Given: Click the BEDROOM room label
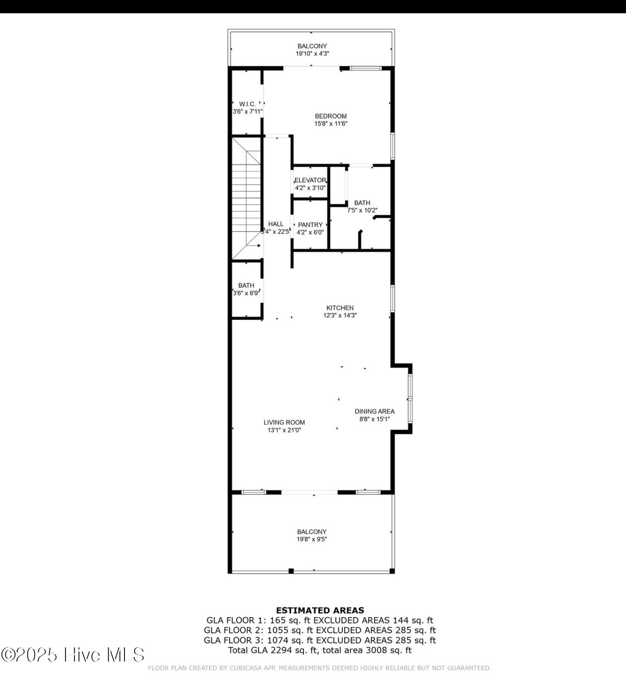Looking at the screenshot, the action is tap(330, 116).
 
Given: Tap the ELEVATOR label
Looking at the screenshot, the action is tap(310, 180).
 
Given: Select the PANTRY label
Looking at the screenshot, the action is tap(310, 225).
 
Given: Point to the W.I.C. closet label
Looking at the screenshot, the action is tap(247, 104).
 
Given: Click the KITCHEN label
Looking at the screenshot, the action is tap(340, 308).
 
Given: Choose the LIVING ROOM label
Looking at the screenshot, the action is tap(284, 422).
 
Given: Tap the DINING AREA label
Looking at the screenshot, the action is tap(374, 411).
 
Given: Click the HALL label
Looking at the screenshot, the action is tap(276, 224).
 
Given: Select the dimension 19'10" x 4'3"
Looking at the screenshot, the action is tap(312, 54).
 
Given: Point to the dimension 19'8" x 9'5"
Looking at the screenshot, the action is tap(312, 539).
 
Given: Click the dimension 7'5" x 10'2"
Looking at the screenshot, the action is tap(362, 210).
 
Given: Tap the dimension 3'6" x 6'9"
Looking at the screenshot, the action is tap(247, 293).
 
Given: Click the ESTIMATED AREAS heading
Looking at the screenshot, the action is tap(320, 610).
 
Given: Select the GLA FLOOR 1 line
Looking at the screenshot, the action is tap(320, 620).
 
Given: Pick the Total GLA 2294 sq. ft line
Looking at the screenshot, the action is tap(320, 650).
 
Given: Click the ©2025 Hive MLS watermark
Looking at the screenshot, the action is tap(73, 654).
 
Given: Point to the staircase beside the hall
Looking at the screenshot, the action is tap(247, 198).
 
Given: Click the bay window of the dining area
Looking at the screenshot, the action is tap(410, 399).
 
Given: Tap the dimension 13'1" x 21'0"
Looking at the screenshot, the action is tap(284, 430).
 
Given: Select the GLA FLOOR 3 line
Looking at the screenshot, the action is tap(320, 640).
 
